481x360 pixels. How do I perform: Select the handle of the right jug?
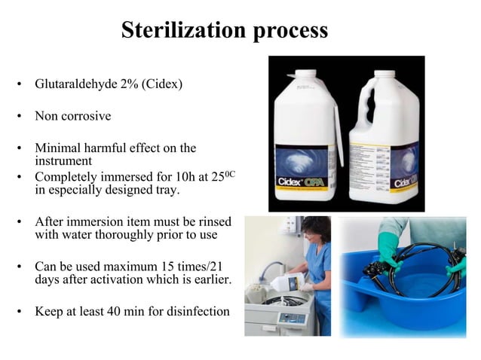point(359,113)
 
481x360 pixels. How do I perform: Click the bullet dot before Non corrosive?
point(20,117)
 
